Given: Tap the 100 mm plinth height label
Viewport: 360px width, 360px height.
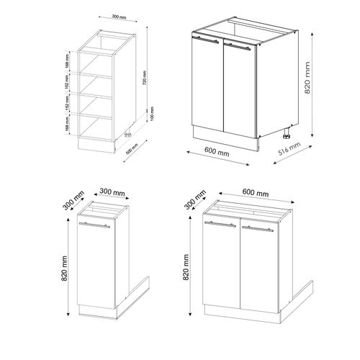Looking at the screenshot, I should coord(145,117).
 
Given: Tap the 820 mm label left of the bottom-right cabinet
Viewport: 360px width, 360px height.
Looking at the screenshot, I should coord(186,266).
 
